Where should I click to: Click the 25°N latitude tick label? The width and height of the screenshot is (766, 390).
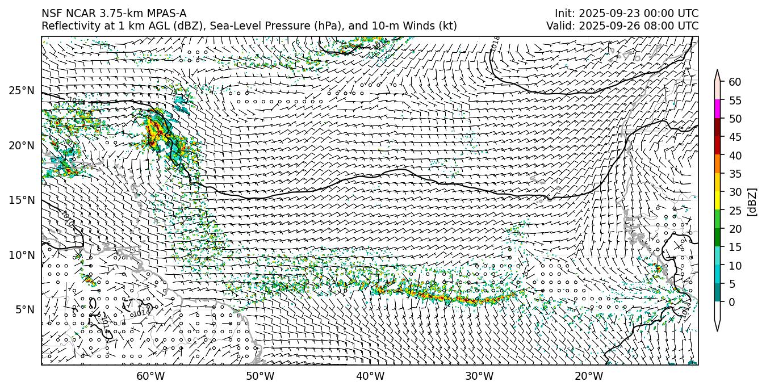pos(22,90)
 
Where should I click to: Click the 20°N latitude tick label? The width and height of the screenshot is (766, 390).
pos(22,145)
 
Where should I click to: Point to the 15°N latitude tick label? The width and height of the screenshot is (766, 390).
pos(22,200)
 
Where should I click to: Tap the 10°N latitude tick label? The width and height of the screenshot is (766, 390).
pos(22,255)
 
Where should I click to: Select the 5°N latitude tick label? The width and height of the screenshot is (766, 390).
pos(24,309)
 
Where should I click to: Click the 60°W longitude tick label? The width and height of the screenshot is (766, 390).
pos(150,376)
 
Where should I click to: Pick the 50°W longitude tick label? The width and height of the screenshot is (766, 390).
pos(260,376)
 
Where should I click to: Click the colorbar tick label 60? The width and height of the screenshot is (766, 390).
pos(735,82)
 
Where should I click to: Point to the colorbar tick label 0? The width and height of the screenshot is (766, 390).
pos(732,302)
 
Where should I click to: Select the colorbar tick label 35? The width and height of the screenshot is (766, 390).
pos(735,174)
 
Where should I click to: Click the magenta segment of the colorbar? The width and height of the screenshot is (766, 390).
pos(718,110)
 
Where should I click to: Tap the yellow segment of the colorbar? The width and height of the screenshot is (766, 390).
pos(718,201)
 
